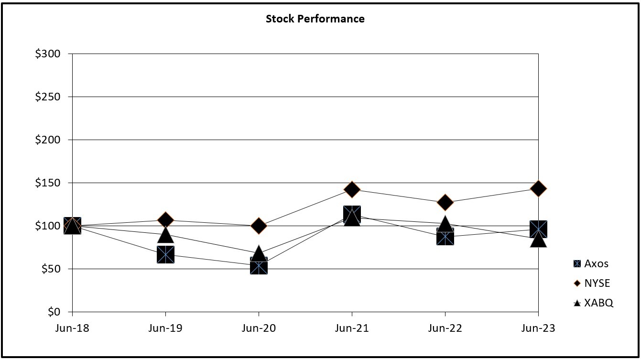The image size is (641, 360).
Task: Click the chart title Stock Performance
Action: point(315,19)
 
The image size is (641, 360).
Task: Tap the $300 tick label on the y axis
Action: point(47,54)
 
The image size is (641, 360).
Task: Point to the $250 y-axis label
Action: point(47,97)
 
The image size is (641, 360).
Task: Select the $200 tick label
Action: point(47,140)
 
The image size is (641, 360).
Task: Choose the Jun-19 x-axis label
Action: point(165,328)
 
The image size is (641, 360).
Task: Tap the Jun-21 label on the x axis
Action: point(352,328)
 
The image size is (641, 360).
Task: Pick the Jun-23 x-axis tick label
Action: point(538,328)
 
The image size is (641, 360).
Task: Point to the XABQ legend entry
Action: point(593,303)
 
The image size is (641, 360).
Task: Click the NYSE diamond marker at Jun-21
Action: point(352,189)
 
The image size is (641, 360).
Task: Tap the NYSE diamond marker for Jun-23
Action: point(538,188)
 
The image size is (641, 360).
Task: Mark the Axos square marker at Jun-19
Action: point(165,254)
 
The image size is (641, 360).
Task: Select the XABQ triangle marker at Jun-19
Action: point(165,234)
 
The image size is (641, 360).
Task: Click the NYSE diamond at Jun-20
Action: point(259,226)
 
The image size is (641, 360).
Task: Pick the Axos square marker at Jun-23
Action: point(538,229)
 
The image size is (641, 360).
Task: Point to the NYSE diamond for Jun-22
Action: point(445,202)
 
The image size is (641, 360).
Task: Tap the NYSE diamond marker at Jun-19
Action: point(165,220)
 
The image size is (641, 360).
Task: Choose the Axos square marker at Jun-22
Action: point(445,236)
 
